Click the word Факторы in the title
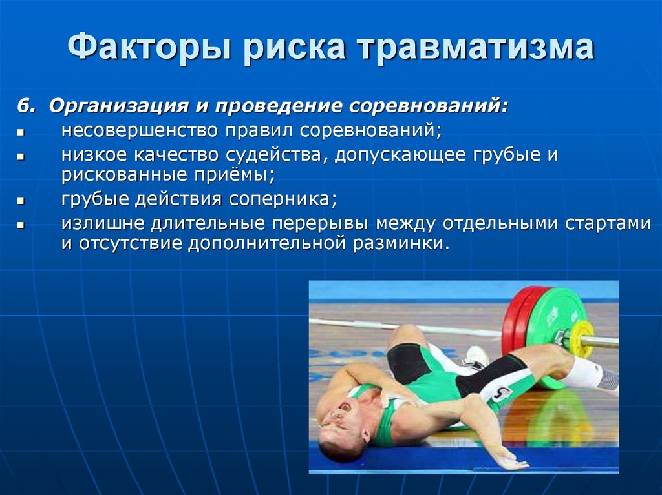pyautogui.click(x=150, y=47)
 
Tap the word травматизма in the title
pyautogui.click(x=477, y=46)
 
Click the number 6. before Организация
pyautogui.click(x=26, y=105)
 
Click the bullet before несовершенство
pyautogui.click(x=21, y=133)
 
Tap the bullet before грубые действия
pyautogui.click(x=21, y=201)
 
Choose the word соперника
pyautogui.click(x=283, y=199)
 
